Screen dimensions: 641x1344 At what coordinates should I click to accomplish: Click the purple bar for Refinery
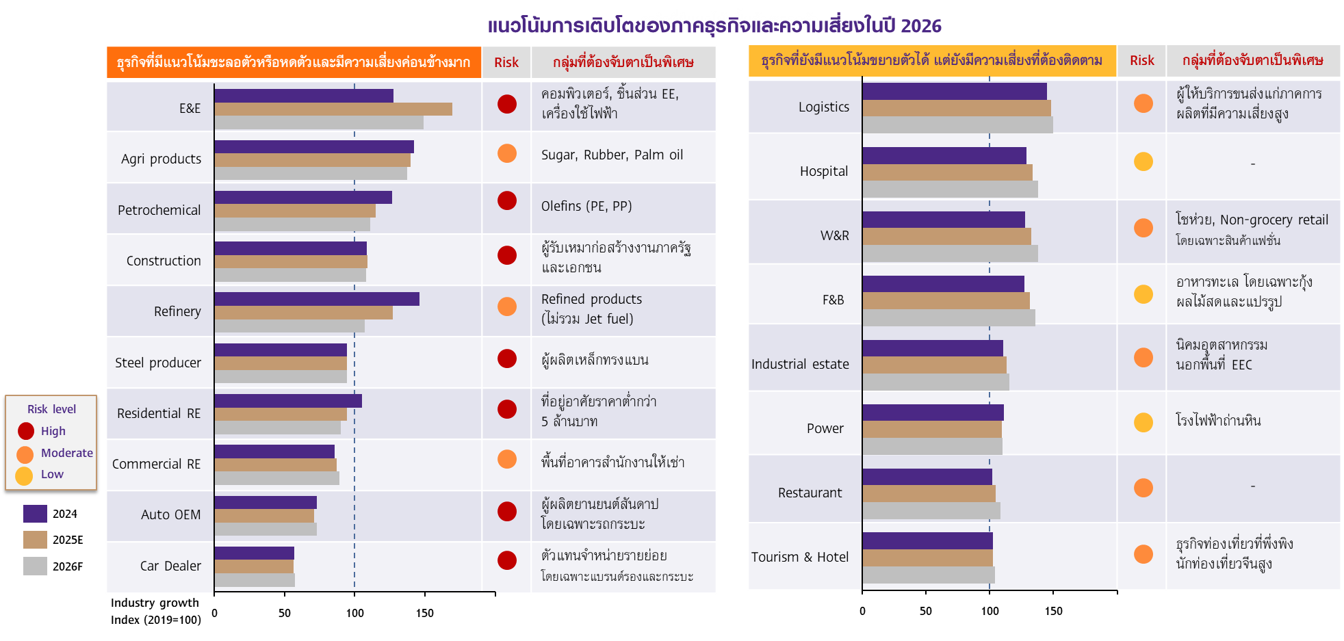(316, 299)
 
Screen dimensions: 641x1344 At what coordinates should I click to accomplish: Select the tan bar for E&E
(333, 109)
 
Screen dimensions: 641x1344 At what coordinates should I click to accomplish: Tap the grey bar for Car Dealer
(254, 580)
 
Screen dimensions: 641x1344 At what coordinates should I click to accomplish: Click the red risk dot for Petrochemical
(507, 200)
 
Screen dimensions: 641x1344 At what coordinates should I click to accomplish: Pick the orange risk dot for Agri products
(507, 153)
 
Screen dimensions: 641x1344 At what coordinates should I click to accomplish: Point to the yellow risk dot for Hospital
(1143, 161)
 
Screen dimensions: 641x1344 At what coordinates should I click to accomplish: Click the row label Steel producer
(158, 363)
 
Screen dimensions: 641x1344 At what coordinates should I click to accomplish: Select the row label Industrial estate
(800, 364)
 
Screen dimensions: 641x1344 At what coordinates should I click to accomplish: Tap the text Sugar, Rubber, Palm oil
(612, 155)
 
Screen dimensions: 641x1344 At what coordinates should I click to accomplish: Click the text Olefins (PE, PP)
(586, 206)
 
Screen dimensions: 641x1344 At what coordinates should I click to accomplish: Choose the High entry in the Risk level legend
(53, 431)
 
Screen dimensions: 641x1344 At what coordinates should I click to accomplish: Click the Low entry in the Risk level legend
(51, 474)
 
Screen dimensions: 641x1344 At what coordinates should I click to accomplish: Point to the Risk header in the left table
(506, 62)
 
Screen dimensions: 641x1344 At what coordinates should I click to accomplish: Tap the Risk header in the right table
(1141, 60)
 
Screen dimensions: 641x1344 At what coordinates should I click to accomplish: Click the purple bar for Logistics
(954, 91)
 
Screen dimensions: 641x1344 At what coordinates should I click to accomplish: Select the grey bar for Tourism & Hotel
(928, 575)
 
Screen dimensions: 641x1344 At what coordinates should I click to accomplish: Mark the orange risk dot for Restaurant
(1143, 488)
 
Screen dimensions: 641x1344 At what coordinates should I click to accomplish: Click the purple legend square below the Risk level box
(35, 514)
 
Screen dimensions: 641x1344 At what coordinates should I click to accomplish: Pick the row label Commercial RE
(156, 464)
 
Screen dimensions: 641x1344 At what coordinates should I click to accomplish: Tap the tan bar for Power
(931, 430)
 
